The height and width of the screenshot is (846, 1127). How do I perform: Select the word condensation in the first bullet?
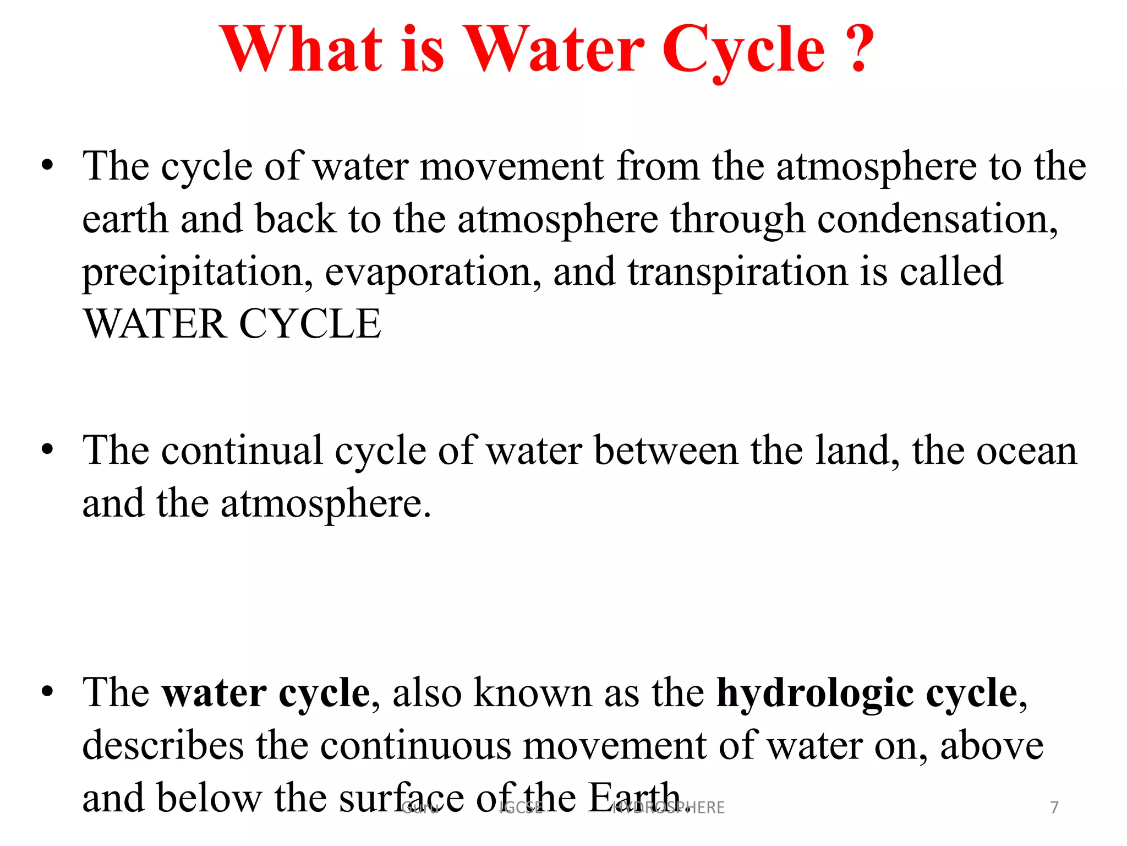point(937,220)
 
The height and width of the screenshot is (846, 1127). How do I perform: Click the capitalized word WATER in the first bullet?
point(155,324)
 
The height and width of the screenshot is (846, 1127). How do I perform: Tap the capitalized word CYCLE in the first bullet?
point(310,324)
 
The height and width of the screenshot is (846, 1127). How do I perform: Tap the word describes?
point(163,746)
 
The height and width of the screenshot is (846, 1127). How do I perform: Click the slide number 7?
point(1054,807)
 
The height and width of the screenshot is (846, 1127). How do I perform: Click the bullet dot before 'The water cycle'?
point(48,692)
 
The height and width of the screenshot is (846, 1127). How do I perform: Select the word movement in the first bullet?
point(511,166)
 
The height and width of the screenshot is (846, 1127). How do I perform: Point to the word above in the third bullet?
point(991,746)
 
